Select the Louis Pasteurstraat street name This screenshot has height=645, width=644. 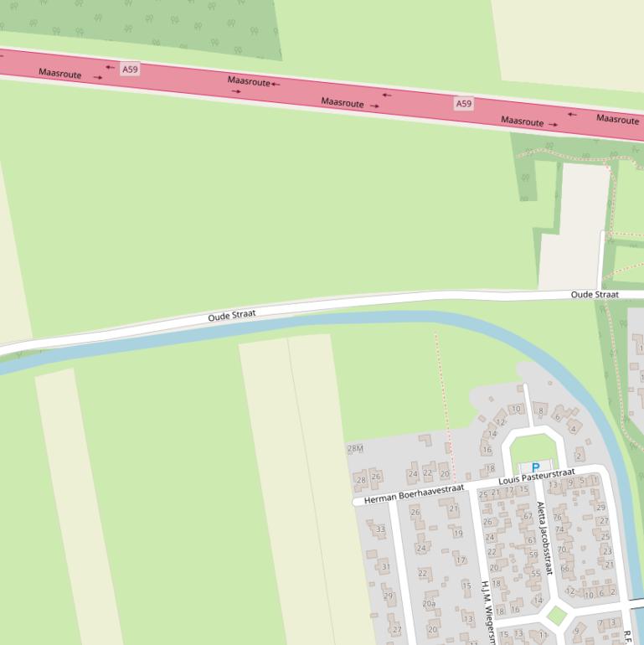(x=536, y=478)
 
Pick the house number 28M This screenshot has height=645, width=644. (x=355, y=449)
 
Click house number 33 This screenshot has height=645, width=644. (x=380, y=529)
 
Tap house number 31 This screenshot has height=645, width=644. (x=386, y=567)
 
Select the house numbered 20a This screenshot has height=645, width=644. (x=429, y=603)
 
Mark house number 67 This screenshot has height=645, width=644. (x=528, y=516)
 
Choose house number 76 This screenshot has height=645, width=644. (x=558, y=517)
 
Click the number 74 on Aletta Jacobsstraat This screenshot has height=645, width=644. (x=559, y=529)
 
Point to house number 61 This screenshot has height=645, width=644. (x=532, y=540)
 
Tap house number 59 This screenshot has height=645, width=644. (x=533, y=554)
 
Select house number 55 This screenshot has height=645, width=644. (x=536, y=575)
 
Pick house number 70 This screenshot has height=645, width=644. (x=562, y=550)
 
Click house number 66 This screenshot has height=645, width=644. (x=564, y=569)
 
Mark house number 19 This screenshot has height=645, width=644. (x=458, y=533)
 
